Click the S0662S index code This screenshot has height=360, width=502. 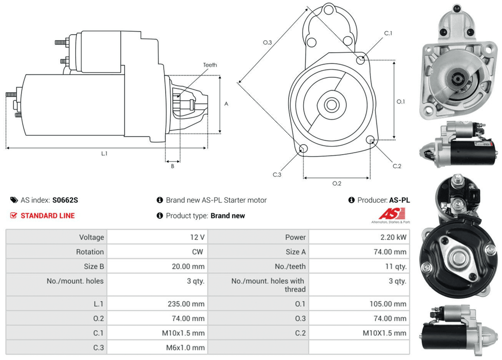click(x=65, y=200)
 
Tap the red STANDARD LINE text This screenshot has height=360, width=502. click(x=47, y=215)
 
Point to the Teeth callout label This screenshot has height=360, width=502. click(x=210, y=65)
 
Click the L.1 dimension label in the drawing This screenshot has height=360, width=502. click(x=104, y=154)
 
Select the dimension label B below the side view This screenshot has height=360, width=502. click(x=172, y=166)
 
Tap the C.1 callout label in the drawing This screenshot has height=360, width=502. click(x=388, y=33)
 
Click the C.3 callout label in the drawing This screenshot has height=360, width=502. click(x=277, y=174)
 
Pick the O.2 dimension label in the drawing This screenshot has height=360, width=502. click(x=337, y=183)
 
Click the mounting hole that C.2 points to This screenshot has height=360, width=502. click(x=371, y=140)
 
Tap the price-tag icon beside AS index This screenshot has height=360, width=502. click(x=14, y=200)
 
